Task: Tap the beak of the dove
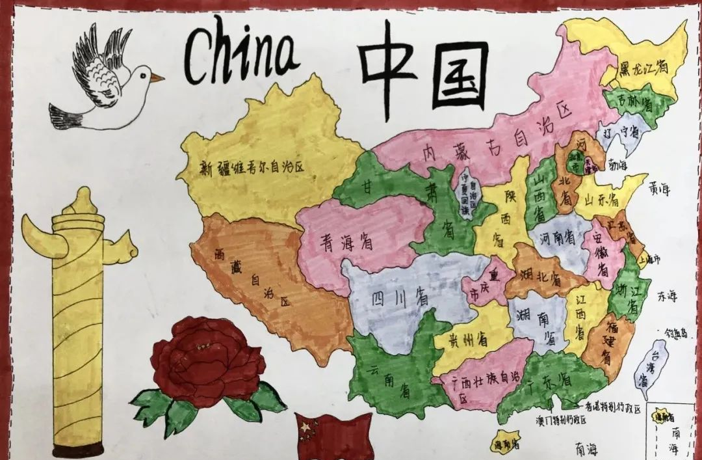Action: pos(157,77)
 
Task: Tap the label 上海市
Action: pos(649,258)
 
